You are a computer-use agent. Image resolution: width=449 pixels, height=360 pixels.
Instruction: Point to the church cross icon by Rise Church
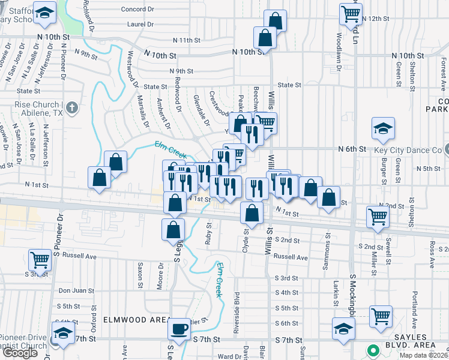pos(71,108)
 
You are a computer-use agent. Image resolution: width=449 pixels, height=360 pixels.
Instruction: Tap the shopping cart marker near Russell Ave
pos(40,260)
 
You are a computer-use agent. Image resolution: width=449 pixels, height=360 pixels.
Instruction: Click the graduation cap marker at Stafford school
pos(44,13)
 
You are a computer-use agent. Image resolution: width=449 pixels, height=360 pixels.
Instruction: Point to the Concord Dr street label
pos(137,10)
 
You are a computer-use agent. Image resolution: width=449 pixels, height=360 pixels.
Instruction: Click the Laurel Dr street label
pos(140,25)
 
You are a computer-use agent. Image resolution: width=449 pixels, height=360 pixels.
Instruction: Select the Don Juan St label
pos(76,290)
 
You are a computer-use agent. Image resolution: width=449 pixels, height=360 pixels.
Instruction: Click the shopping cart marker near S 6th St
pos(381,316)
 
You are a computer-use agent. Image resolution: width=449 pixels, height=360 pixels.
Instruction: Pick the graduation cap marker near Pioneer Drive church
pos(62,332)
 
